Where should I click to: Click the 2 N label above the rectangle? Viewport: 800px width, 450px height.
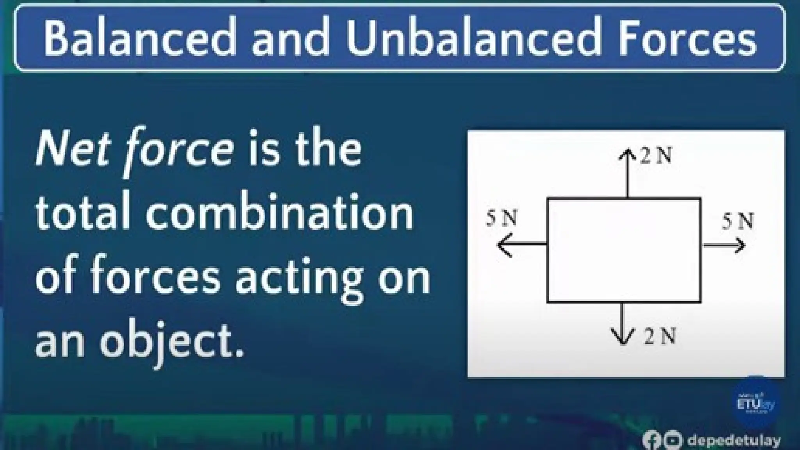(x=657, y=157)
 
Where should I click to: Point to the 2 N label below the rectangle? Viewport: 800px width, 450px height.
(x=660, y=336)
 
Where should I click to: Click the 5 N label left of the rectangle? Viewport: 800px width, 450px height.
(x=502, y=219)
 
